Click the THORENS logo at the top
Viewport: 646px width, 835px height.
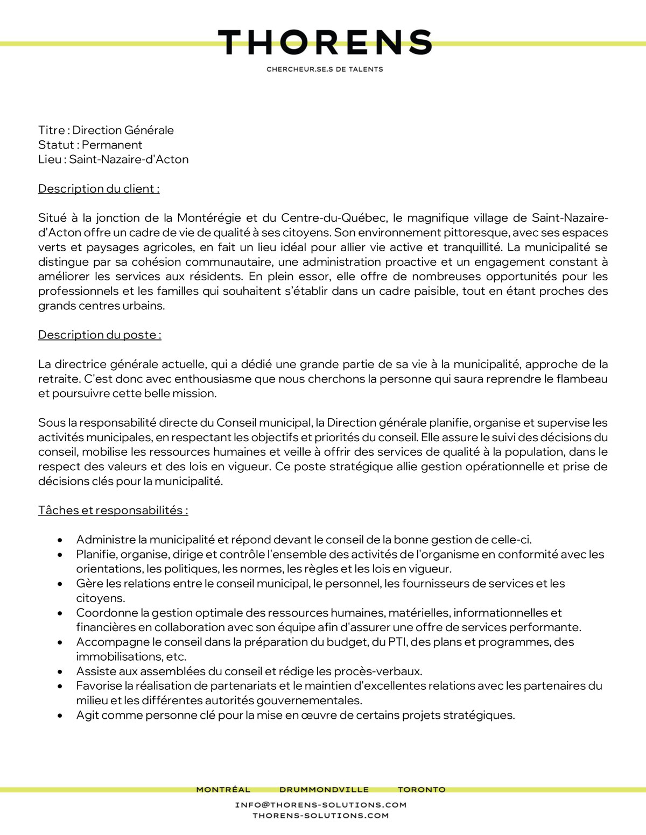pos(325,43)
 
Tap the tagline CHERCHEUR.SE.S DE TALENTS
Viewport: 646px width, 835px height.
pos(325,69)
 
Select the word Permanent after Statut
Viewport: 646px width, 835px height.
pos(112,145)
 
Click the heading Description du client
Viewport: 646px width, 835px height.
pos(99,189)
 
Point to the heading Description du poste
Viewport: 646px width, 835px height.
pos(100,335)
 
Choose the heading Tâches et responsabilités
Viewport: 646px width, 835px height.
pos(113,511)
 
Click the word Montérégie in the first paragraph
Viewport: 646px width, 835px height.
pos(209,218)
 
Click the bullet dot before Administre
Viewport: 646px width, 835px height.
pos(60,540)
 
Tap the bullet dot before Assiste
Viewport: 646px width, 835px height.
pos(60,672)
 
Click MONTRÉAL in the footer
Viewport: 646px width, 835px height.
pos(223,790)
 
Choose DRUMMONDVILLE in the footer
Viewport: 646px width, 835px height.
pos(324,790)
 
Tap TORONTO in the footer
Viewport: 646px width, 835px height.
pos(422,790)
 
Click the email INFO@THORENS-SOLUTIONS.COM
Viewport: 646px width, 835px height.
pos(321,805)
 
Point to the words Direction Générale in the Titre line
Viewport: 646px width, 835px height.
pos(123,130)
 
